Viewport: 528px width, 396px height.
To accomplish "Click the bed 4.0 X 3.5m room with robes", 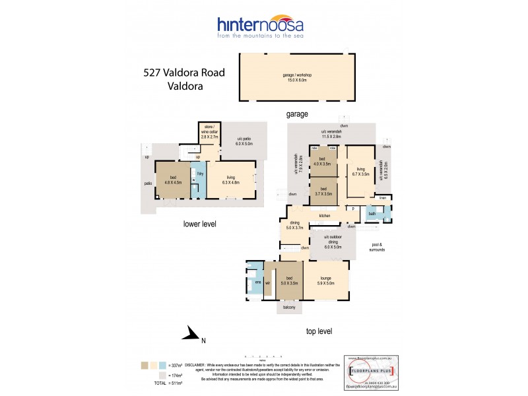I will pyautogui.click(x=323, y=162).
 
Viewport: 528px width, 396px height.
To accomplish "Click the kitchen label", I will pyautogui.click(x=325, y=216).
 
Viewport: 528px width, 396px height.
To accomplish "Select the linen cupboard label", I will pyautogui.click(x=382, y=197).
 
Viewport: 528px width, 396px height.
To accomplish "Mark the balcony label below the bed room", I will pyautogui.click(x=288, y=308).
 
